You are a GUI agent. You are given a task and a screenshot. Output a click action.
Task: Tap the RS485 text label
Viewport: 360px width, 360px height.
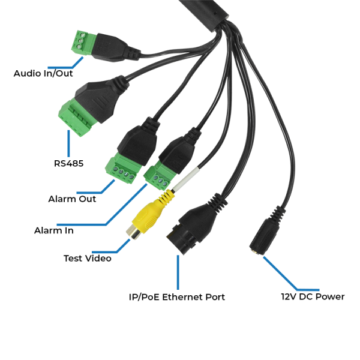[68, 163]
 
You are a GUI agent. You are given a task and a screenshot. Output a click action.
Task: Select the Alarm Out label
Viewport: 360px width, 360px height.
[72, 199]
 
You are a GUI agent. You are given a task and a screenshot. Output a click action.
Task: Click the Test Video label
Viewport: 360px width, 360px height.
[87, 259]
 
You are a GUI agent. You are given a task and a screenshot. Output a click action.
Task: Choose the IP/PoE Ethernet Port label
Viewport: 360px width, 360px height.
[177, 296]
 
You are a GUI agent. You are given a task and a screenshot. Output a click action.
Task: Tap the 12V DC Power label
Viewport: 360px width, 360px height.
[313, 296]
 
